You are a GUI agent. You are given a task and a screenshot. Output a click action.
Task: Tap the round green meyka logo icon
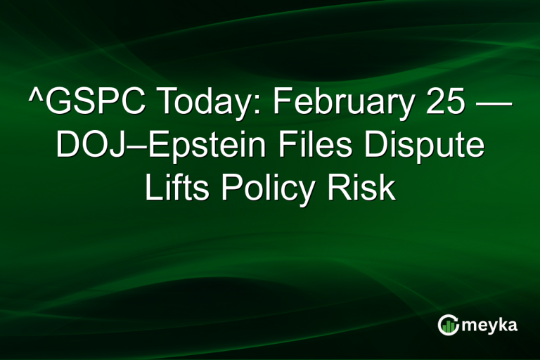pyautogui.click(x=449, y=325)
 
